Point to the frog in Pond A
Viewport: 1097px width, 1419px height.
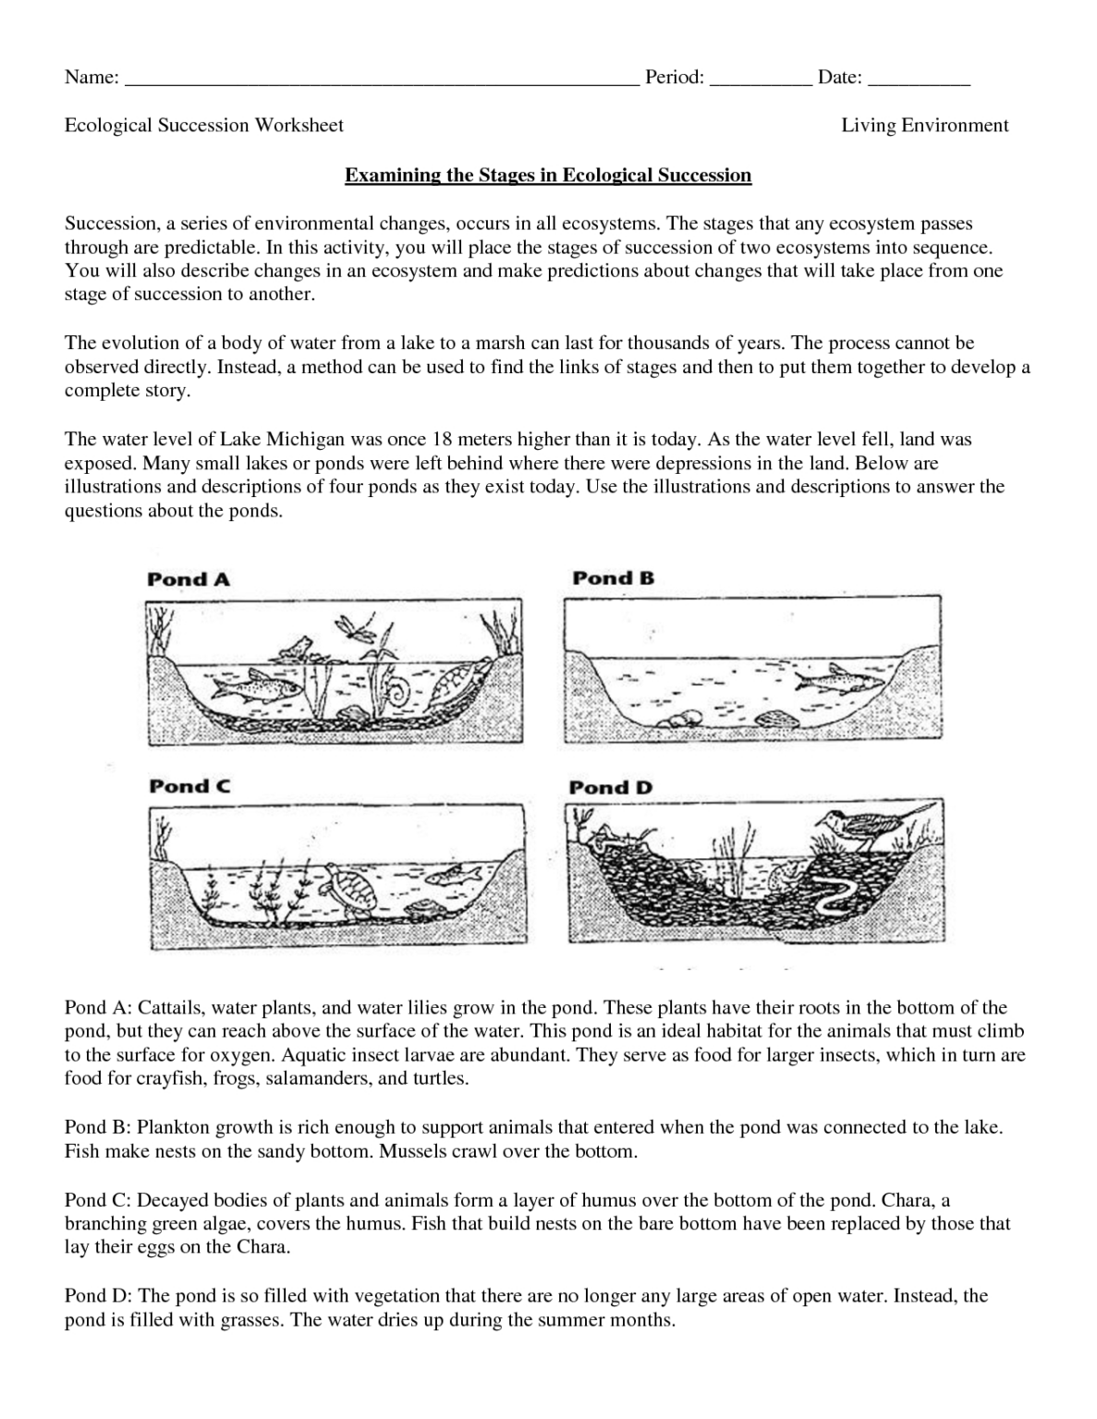[x=298, y=648]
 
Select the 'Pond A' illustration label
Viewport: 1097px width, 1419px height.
[x=189, y=580]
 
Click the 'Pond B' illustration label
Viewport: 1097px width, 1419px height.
[x=613, y=578]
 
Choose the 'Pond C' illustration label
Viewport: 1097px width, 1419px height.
[x=189, y=786]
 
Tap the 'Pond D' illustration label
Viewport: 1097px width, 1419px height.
[x=610, y=788]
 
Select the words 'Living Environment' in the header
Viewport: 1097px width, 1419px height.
[x=924, y=126]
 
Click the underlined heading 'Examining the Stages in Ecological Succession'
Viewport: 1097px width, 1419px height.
[x=548, y=175]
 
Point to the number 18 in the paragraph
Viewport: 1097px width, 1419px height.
[x=431, y=439]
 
